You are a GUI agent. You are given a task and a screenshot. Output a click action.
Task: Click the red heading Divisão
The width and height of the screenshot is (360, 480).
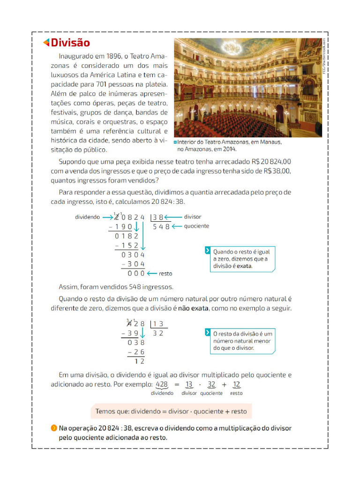tap(70, 43)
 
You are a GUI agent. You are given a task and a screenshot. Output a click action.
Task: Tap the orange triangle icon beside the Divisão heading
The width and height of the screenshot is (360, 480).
tap(46, 43)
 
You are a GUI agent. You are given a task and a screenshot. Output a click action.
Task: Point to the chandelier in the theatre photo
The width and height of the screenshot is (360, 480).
tap(231, 47)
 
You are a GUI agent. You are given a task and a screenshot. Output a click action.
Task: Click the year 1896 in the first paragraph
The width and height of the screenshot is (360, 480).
tap(117, 56)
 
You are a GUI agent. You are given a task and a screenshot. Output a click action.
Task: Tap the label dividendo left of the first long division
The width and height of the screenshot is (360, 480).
tap(88, 217)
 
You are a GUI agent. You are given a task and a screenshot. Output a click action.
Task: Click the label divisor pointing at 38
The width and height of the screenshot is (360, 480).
tap(192, 217)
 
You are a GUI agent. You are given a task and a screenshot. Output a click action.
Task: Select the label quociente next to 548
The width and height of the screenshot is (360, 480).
tap(196, 226)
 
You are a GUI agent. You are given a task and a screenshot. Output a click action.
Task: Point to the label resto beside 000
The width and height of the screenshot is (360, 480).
tap(165, 273)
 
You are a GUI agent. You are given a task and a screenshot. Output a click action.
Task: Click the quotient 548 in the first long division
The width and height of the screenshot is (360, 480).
tap(161, 226)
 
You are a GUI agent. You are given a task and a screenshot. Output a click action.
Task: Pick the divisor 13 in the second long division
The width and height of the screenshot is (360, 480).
tap(158, 324)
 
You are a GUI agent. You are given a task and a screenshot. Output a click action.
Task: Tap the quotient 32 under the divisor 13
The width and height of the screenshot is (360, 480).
tap(158, 333)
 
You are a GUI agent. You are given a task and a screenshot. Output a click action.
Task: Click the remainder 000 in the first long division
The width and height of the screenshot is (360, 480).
tap(136, 273)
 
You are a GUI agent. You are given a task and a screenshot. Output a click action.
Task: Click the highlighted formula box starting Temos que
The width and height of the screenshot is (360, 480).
tap(171, 411)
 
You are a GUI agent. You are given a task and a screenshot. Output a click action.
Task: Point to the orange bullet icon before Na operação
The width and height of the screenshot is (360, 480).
tap(54, 428)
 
